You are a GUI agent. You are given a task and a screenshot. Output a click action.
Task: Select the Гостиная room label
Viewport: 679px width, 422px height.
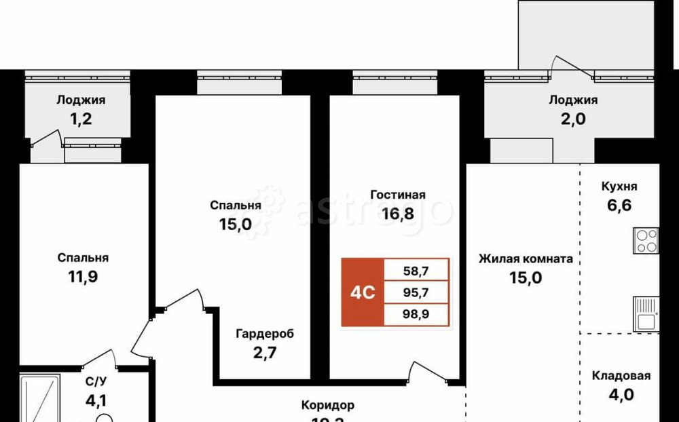tap(398, 195)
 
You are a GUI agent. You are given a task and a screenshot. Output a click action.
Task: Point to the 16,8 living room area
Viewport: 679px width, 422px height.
tap(398, 214)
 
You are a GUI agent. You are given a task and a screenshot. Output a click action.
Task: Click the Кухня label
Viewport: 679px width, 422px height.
tap(619, 187)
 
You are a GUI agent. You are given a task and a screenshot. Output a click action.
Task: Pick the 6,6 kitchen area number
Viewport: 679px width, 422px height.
tap(619, 206)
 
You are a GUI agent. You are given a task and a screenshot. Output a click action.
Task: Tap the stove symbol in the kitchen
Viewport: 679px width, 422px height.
tap(645, 241)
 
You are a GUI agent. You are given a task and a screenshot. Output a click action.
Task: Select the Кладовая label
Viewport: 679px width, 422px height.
tap(621, 376)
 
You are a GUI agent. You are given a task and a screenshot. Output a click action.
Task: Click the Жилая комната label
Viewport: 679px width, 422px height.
tap(526, 258)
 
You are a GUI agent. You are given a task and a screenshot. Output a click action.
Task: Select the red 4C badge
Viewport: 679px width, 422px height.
tap(363, 292)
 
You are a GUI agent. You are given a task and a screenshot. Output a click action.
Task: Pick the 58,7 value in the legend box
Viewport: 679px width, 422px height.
tap(415, 271)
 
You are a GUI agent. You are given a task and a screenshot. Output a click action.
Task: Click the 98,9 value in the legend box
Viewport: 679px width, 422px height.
tap(415, 315)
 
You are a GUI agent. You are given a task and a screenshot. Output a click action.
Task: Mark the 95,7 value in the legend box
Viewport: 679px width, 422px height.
tap(415, 293)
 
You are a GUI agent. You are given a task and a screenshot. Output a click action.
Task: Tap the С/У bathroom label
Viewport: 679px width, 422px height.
tap(95, 382)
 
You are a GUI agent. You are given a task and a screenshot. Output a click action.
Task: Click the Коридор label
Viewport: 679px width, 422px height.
tap(328, 406)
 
